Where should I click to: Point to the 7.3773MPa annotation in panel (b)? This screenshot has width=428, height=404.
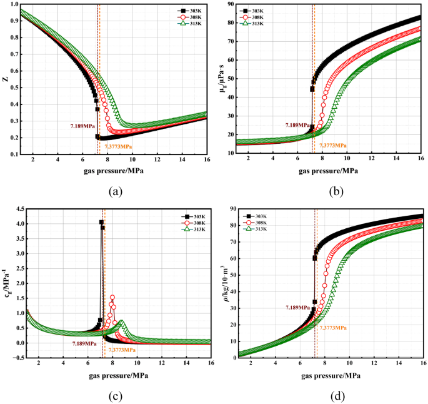pyautogui.click(x=332, y=145)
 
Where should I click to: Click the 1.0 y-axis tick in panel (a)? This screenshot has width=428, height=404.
pyautogui.click(x=14, y=4)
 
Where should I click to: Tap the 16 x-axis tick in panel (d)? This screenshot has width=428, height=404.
pyautogui.click(x=422, y=363)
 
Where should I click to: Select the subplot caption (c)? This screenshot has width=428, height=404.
pyautogui.click(x=114, y=395)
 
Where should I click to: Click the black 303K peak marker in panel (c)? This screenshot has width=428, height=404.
pyautogui.click(x=101, y=223)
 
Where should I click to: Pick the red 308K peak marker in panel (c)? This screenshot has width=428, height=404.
pyautogui.click(x=112, y=298)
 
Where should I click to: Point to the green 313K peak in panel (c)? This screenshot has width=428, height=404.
pyautogui.click(x=122, y=322)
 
